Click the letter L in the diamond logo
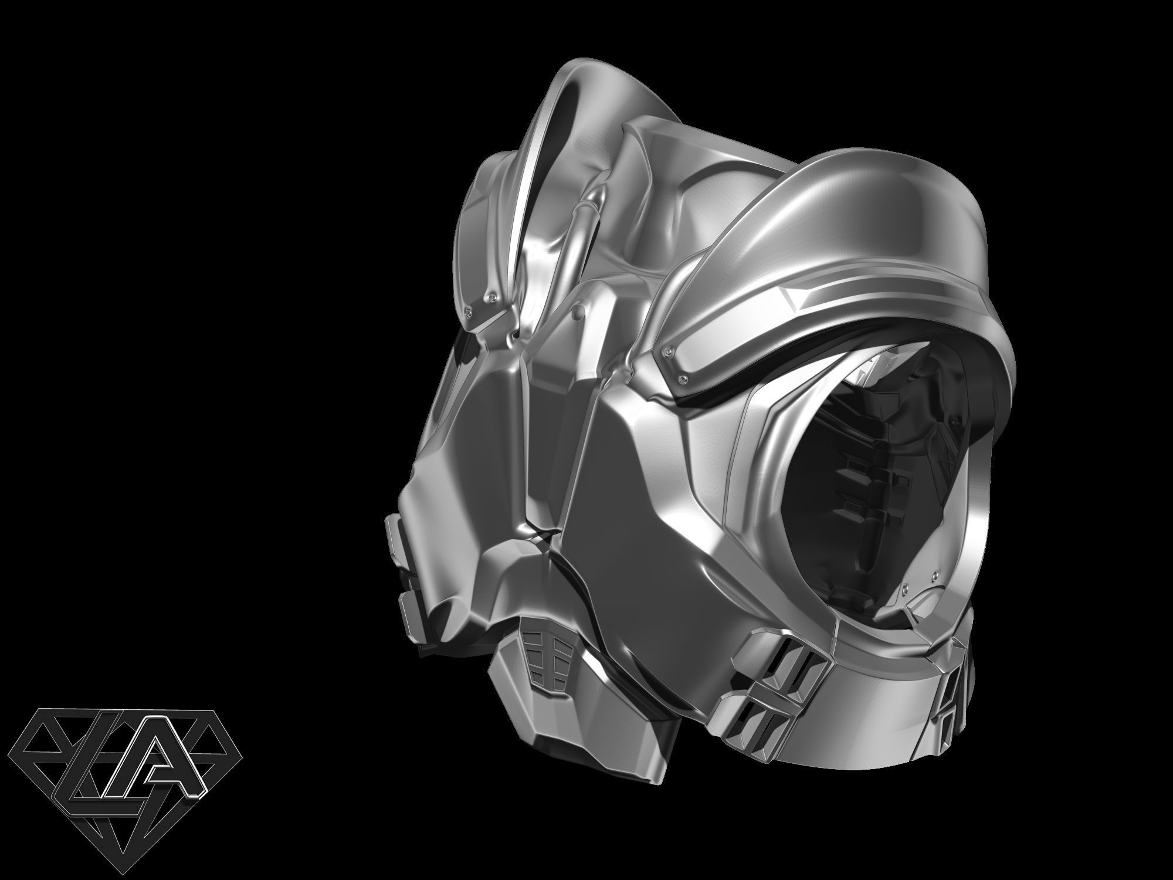coord(79,763)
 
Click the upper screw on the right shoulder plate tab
coord(667,351)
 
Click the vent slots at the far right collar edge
coord(1126,695)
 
